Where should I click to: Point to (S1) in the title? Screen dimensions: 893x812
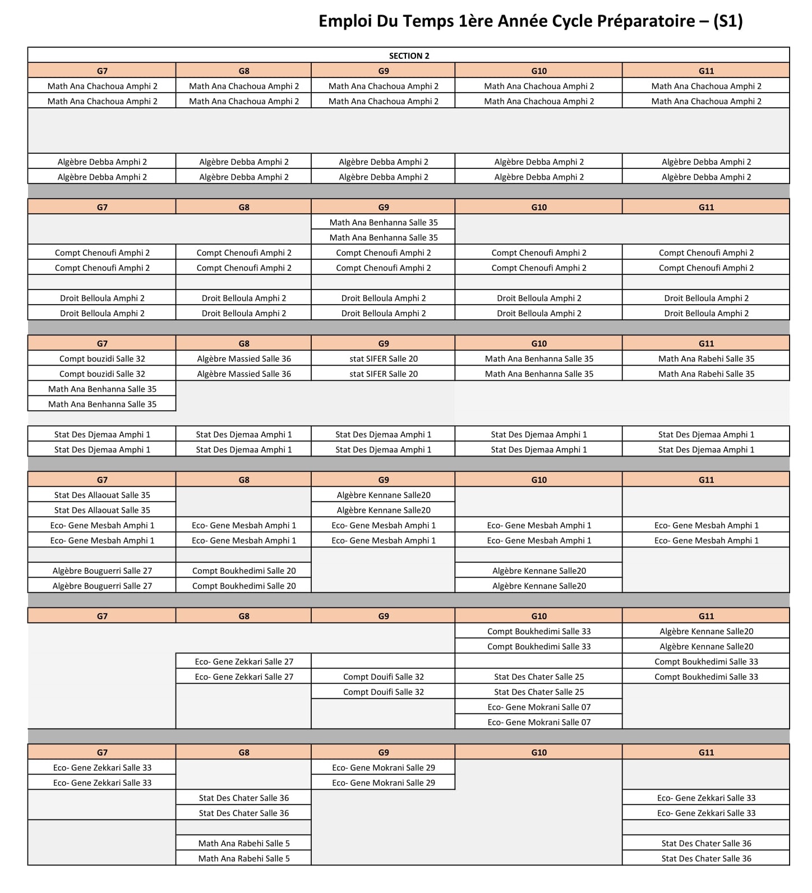pyautogui.click(x=728, y=21)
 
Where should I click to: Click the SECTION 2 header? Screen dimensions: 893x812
pyautogui.click(x=409, y=56)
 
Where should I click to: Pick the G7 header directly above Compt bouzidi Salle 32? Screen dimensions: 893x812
pyautogui.click(x=102, y=343)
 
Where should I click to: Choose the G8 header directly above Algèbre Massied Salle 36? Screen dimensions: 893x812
pyautogui.click(x=244, y=343)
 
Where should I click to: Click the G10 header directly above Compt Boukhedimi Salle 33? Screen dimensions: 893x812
pyautogui.click(x=539, y=616)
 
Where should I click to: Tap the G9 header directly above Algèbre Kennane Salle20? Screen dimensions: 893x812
pyautogui.click(x=384, y=480)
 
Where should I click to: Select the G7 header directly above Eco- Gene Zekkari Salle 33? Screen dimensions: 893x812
pyautogui.click(x=102, y=752)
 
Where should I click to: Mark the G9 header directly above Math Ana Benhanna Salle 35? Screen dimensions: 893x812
pyautogui.click(x=384, y=207)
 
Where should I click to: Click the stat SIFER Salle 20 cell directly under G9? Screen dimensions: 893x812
pyautogui.click(x=384, y=358)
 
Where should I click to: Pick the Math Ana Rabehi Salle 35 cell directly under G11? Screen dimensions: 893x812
pyautogui.click(x=706, y=358)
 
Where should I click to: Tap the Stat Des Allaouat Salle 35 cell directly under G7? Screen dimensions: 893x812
pyautogui.click(x=102, y=495)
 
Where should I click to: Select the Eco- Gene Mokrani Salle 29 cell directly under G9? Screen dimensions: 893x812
pyautogui.click(x=384, y=767)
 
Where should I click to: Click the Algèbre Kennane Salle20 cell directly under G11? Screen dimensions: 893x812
pyautogui.click(x=706, y=631)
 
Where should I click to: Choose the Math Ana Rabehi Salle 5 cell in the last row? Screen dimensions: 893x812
pyautogui.click(x=244, y=858)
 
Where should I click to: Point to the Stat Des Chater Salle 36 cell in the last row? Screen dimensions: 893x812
pyautogui.click(x=706, y=858)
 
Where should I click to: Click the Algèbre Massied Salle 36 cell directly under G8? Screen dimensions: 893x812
pyautogui.click(x=244, y=358)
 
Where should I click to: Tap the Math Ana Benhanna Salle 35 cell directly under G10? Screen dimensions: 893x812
pyautogui.click(x=539, y=358)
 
